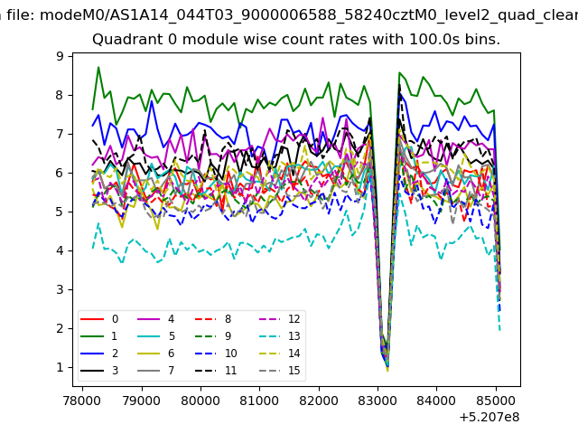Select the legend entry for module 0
(99, 319)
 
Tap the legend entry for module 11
(216, 370)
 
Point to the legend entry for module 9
(213, 335)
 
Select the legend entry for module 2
(99, 354)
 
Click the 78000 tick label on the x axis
(82, 401)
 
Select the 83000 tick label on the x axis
(378, 401)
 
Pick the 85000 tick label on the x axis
(496, 401)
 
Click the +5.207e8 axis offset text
(489, 418)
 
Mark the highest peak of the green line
(98, 67)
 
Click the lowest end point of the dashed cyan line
(499, 329)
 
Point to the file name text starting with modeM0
(309, 14)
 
